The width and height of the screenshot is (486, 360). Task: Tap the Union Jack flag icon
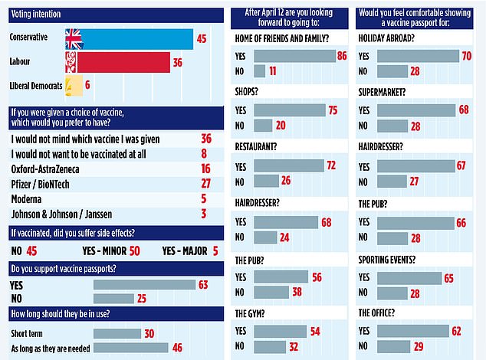(74, 39)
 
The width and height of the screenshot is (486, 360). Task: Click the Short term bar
(117, 333)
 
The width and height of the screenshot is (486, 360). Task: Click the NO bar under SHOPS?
(262, 126)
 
